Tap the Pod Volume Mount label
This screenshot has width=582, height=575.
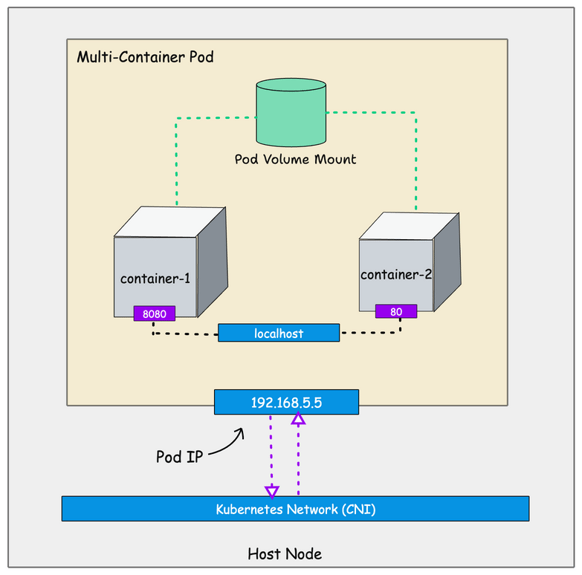click(x=295, y=159)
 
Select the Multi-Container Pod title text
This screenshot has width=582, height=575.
click(x=145, y=57)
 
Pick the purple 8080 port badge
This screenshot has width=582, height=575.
click(x=155, y=314)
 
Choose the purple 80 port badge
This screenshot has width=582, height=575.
click(x=396, y=311)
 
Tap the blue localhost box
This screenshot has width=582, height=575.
click(x=279, y=334)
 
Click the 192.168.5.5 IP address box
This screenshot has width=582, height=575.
click(x=286, y=402)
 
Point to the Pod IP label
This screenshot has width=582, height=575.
click(x=178, y=456)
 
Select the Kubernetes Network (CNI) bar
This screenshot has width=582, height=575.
click(x=295, y=509)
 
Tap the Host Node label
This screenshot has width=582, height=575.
click(x=285, y=553)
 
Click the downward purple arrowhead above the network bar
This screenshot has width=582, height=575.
click(x=272, y=491)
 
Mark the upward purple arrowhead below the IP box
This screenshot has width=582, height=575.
click(x=298, y=419)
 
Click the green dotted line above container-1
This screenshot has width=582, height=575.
click(x=177, y=160)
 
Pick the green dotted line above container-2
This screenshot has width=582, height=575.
click(x=416, y=160)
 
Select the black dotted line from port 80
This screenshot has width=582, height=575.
click(x=372, y=333)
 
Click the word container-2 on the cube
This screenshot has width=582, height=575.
click(x=396, y=274)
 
